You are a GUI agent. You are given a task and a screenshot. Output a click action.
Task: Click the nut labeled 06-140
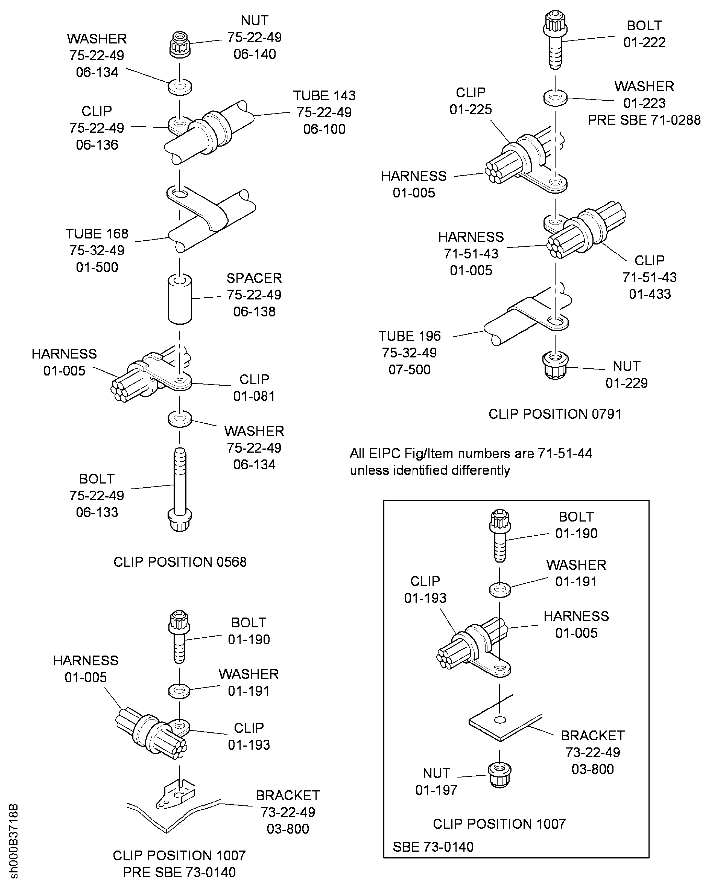[x=180, y=45]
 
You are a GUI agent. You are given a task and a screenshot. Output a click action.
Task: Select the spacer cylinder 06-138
[x=180, y=300]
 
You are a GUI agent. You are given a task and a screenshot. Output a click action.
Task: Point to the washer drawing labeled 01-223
[x=556, y=98]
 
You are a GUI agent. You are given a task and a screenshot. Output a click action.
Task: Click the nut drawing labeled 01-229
[x=555, y=365]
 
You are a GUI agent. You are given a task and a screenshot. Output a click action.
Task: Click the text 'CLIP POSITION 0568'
[x=180, y=562]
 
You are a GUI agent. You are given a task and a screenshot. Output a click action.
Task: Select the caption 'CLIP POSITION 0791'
[x=555, y=414]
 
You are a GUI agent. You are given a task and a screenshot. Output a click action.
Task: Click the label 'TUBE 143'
[x=324, y=95]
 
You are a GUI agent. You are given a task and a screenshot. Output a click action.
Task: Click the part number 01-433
[x=650, y=294]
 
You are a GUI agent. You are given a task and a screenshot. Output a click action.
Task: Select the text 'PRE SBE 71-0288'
[x=644, y=120]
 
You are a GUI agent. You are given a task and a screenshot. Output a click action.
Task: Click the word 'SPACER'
[x=254, y=278]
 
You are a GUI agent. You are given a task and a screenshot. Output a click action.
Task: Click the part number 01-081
[x=254, y=396]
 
